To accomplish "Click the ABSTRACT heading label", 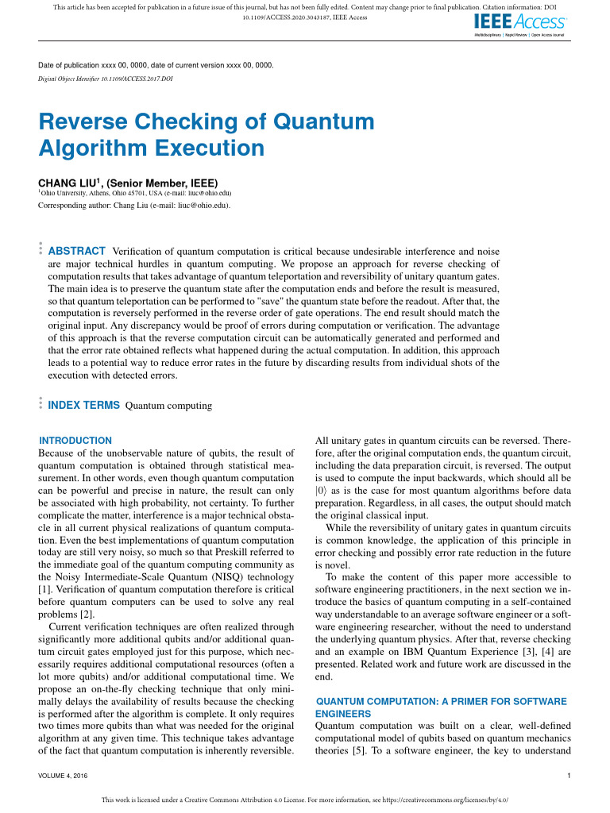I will tap(77, 251).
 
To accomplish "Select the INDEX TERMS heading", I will tap(84, 405).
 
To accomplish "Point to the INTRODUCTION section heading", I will tap(75, 441).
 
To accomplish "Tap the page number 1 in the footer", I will tap(570, 775).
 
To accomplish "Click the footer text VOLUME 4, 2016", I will tap(63, 775).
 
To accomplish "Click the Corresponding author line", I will tap(134, 206).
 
